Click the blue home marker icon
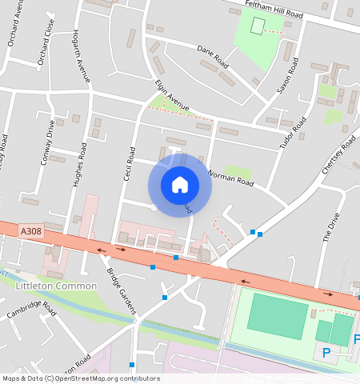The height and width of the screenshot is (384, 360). [180, 185]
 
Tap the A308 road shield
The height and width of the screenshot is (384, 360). [30, 231]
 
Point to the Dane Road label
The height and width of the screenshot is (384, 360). [213, 58]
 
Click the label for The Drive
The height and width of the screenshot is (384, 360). [330, 228]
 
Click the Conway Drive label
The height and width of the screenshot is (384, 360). [47, 142]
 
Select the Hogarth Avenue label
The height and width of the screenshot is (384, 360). [81, 56]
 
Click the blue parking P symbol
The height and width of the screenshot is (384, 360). [326, 353]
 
